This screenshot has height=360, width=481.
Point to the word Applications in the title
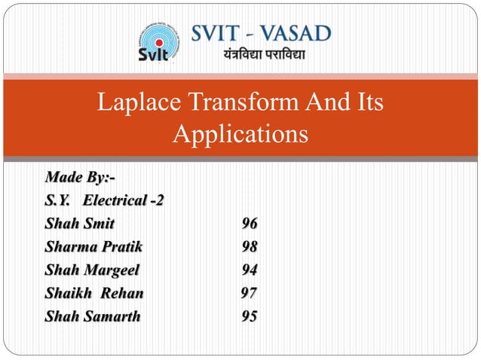[x=240, y=135]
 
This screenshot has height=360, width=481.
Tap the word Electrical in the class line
[x=116, y=201]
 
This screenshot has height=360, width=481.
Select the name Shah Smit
[x=80, y=224]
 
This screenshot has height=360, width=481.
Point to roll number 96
[x=250, y=224]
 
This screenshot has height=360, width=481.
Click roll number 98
[x=250, y=246]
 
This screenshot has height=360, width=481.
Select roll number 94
[x=250, y=270]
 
